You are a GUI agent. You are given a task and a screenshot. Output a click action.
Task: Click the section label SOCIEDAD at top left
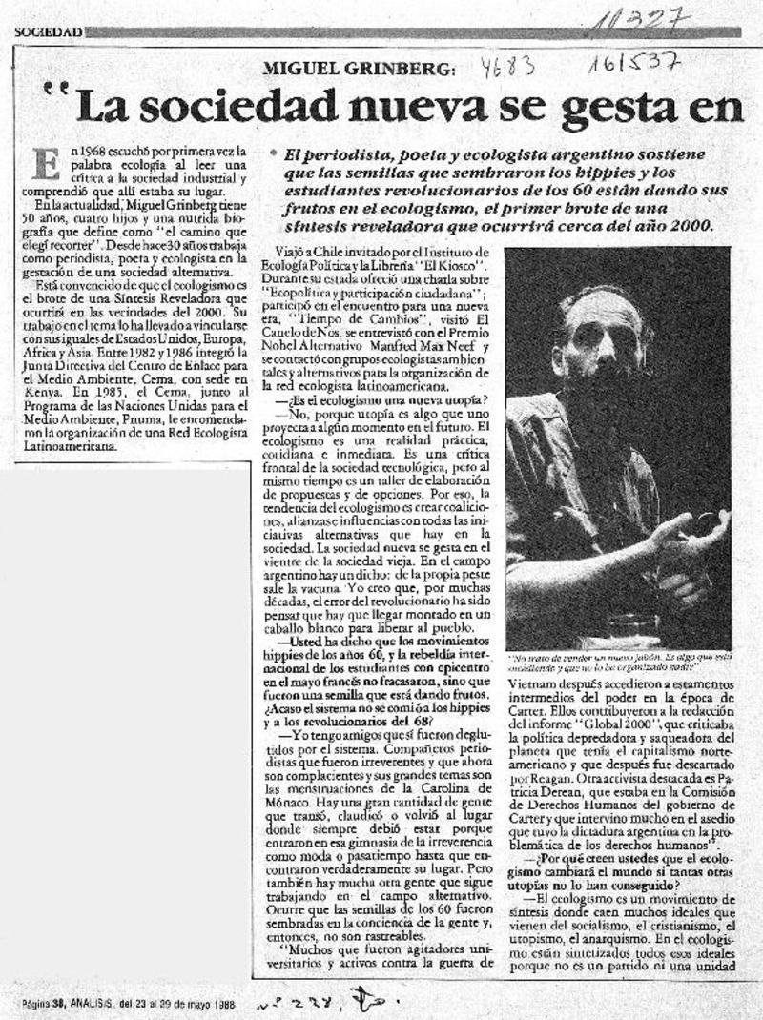coord(48,31)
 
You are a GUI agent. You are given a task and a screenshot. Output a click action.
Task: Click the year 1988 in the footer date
coord(223,1003)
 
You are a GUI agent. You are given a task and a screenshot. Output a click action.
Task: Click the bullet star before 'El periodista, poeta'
coord(274,153)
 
